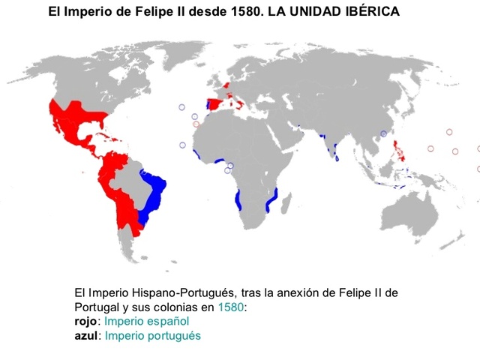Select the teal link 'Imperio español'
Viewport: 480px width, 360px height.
pos(141,322)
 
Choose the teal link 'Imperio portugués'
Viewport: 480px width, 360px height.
pos(153,335)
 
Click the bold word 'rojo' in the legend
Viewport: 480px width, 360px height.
pos(87,322)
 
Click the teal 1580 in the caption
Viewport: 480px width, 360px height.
pos(229,307)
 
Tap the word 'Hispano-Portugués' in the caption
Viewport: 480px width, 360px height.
pos(184,294)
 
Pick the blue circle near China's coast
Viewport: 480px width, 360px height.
pos(383,133)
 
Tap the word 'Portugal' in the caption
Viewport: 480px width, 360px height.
pos(96,307)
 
